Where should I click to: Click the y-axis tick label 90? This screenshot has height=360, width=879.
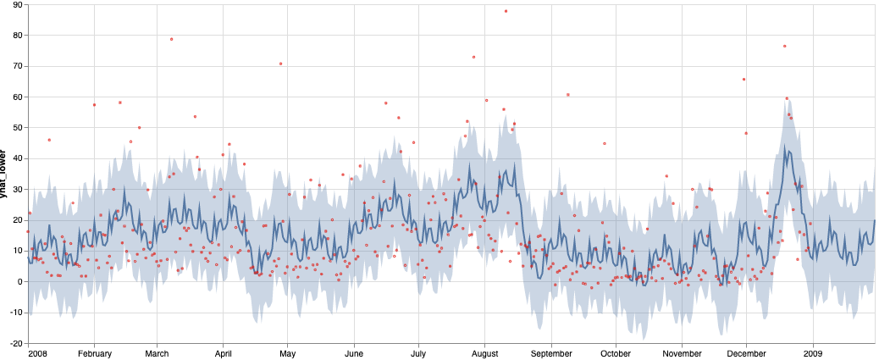coord(16,4)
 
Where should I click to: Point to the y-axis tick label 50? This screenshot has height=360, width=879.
coord(16,127)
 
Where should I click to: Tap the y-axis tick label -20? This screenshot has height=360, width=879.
coord(14,343)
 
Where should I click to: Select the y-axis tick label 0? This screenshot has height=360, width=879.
coord(19,281)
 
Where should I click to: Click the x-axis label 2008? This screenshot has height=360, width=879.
coord(37,353)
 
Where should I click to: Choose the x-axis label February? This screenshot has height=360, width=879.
coord(94,353)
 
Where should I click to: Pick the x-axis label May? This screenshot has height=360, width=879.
coord(287,353)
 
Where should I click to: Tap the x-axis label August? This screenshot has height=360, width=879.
coord(484,353)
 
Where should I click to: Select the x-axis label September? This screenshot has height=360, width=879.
coord(551,353)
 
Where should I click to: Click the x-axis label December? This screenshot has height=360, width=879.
coord(747,353)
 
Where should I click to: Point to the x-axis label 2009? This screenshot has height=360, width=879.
coord(813,353)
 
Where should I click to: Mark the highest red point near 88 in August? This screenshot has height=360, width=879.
coord(506,11)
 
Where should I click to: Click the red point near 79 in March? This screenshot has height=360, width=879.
coord(171,39)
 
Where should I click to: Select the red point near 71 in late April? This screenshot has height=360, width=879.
coord(280,64)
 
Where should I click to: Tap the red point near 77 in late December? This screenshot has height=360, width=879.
coord(784,46)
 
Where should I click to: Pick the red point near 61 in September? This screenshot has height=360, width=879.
coord(567,95)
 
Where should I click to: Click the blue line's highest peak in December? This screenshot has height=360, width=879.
coord(785,147)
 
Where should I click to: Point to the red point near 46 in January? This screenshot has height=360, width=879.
coord(49,140)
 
